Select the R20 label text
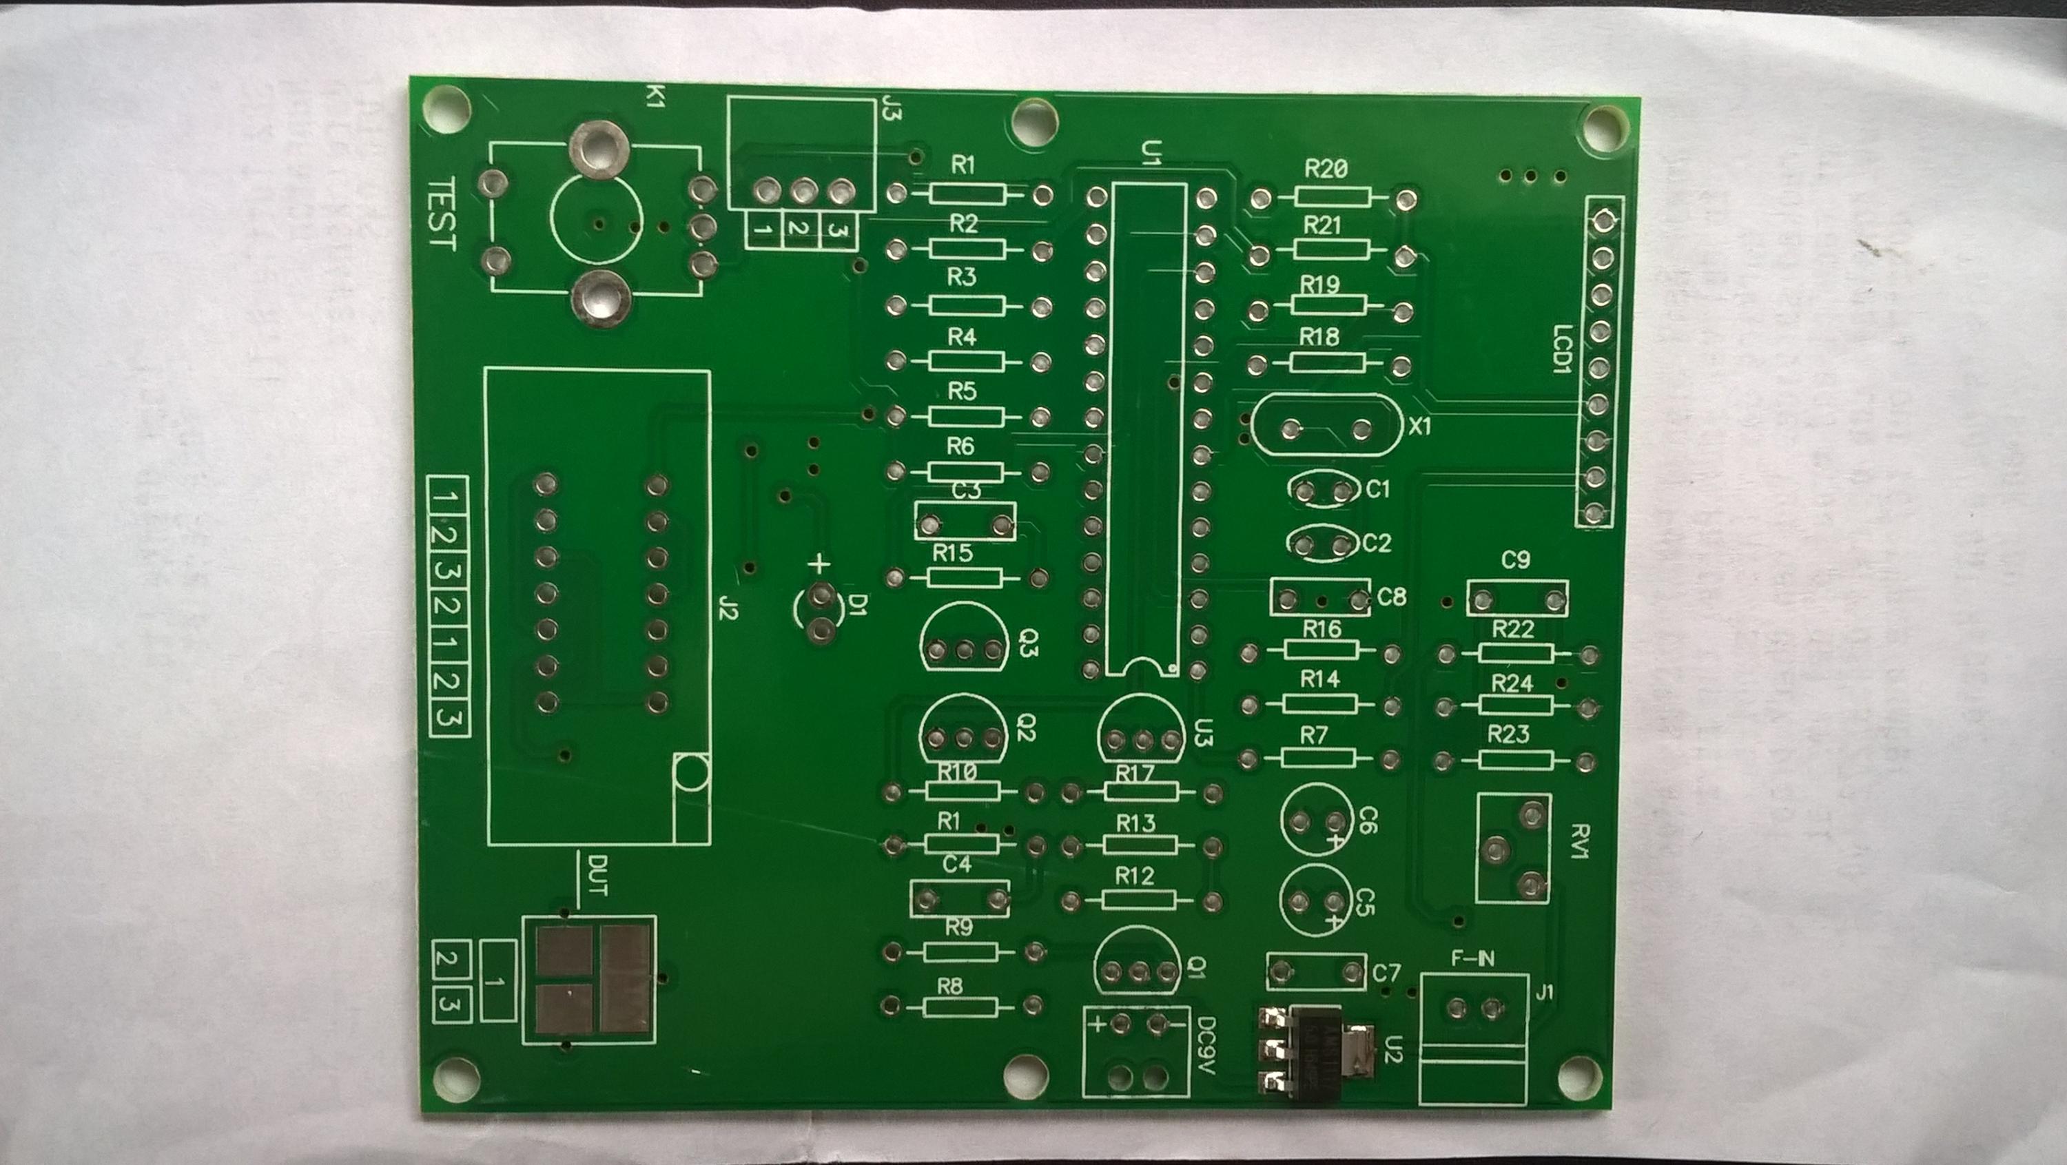(x=1326, y=169)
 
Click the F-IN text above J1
(x=1473, y=958)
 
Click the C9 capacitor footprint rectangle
(x=1517, y=599)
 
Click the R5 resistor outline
(x=965, y=416)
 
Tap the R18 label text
(x=1319, y=337)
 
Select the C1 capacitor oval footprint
(x=1322, y=489)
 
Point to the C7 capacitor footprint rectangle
(x=1316, y=972)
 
